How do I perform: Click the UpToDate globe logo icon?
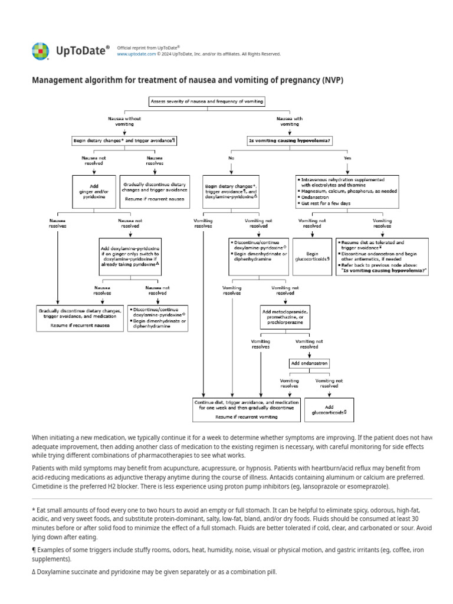coord(40,51)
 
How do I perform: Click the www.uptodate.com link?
coord(136,54)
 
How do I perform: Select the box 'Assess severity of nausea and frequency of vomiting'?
coord(206,101)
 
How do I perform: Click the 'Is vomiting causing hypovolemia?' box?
coord(289,140)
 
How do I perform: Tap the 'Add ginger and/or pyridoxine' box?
coord(94,192)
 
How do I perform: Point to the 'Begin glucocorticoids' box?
coord(312,257)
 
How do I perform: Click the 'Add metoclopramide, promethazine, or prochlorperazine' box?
coord(285,317)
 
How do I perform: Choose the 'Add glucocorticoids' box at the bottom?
coord(329,410)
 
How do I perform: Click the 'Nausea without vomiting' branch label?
coord(124,121)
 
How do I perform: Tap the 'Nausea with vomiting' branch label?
coord(289,121)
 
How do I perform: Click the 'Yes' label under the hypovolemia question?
coord(347,158)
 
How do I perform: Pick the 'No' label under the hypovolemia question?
coord(231,158)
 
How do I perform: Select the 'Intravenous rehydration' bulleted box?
coord(347,191)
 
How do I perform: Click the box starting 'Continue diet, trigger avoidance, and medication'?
coord(246,409)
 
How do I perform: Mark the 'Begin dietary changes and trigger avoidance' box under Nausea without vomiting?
coord(124,140)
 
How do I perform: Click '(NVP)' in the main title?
coord(333,80)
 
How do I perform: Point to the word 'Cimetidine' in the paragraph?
coord(49,487)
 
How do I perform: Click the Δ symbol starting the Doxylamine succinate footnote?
coord(34,572)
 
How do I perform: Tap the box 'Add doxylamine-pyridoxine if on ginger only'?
coord(130,257)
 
